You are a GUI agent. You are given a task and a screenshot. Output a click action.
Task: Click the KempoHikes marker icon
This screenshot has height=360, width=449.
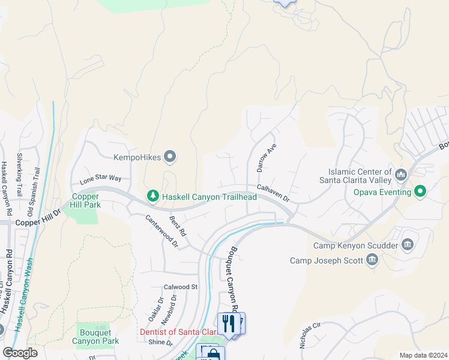click(x=170, y=158)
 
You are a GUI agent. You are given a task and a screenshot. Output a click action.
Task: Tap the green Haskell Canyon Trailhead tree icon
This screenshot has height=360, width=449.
click(x=153, y=196)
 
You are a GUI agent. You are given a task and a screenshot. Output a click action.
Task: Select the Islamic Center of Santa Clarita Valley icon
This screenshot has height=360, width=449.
click(x=402, y=175)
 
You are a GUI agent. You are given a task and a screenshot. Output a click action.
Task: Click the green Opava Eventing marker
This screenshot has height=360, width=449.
click(x=421, y=192)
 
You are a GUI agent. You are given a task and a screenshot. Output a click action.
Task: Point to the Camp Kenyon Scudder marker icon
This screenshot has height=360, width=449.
click(x=408, y=245)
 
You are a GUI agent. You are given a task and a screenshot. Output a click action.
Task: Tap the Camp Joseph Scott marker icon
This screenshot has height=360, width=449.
click(x=372, y=260)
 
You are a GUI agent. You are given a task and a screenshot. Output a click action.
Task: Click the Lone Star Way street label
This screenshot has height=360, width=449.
click(x=100, y=179)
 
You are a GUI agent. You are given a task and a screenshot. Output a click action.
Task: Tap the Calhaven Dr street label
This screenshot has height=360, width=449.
click(x=273, y=193)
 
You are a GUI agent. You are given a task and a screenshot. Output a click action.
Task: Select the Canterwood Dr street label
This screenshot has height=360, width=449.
click(x=162, y=230)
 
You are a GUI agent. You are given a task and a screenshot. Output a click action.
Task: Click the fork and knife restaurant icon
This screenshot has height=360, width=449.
click(x=228, y=325)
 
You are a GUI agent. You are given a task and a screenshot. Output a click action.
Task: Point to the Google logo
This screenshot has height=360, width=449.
click(x=20, y=353)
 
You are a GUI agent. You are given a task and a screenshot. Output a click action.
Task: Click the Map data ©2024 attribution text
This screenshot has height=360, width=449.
click(x=423, y=355)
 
